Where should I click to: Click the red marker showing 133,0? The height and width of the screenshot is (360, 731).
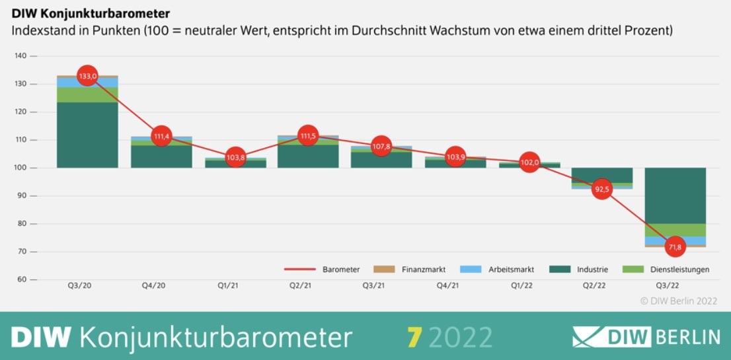pos(87,76)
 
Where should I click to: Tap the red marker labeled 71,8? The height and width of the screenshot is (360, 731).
pos(675,246)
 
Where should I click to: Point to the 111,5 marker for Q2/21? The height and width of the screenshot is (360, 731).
pos(307,136)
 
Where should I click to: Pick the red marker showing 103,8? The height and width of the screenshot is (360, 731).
pos(235,157)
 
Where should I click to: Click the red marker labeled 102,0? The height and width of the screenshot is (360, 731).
pos(529,162)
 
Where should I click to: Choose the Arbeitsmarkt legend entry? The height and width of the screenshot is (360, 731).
pos(496,270)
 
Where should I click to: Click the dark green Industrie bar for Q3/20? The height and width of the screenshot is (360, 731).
pos(87,135)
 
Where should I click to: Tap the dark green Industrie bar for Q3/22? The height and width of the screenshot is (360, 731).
pos(675,196)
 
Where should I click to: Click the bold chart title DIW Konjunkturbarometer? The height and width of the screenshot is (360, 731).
pos(91,13)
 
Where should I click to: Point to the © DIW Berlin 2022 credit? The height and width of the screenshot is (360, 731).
pos(678,301)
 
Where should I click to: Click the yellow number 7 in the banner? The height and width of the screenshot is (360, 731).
pos(414,337)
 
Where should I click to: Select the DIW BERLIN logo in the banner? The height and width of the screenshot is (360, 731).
pos(646,337)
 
